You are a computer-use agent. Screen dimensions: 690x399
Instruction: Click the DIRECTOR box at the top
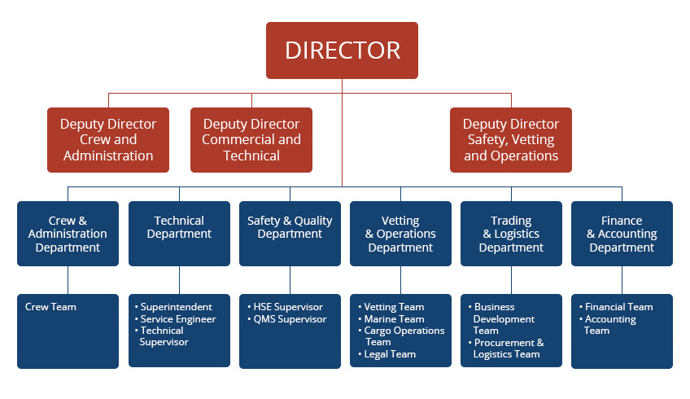tap(342, 50)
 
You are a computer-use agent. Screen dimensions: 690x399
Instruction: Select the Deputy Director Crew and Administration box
tap(108, 139)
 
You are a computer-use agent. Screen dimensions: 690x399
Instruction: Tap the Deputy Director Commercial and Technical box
tap(251, 139)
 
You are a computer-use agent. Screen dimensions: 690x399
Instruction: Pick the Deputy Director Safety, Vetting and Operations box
tap(511, 139)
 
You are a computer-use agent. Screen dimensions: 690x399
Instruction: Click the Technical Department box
tap(179, 234)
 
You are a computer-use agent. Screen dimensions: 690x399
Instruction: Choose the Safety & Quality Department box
tap(290, 234)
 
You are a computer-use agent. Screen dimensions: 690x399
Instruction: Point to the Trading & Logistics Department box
tap(511, 234)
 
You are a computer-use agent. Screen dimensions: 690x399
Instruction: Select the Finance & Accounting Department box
tap(622, 234)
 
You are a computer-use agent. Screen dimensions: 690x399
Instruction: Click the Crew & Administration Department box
tap(68, 234)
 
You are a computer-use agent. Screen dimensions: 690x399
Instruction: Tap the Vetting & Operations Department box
tap(400, 234)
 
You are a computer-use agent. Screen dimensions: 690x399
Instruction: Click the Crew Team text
tap(50, 307)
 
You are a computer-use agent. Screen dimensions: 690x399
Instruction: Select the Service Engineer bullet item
tap(176, 319)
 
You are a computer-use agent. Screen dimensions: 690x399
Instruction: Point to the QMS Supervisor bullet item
tap(287, 319)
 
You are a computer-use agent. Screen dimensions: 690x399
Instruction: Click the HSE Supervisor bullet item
tap(285, 307)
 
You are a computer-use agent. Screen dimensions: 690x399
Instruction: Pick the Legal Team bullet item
tap(387, 354)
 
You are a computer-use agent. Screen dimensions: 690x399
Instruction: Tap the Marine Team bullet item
tap(391, 319)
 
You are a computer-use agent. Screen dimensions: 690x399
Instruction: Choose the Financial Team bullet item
tap(616, 307)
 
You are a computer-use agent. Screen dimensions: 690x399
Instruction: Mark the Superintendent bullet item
tap(173, 307)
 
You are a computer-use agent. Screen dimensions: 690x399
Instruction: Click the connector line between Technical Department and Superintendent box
tap(179, 280)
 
